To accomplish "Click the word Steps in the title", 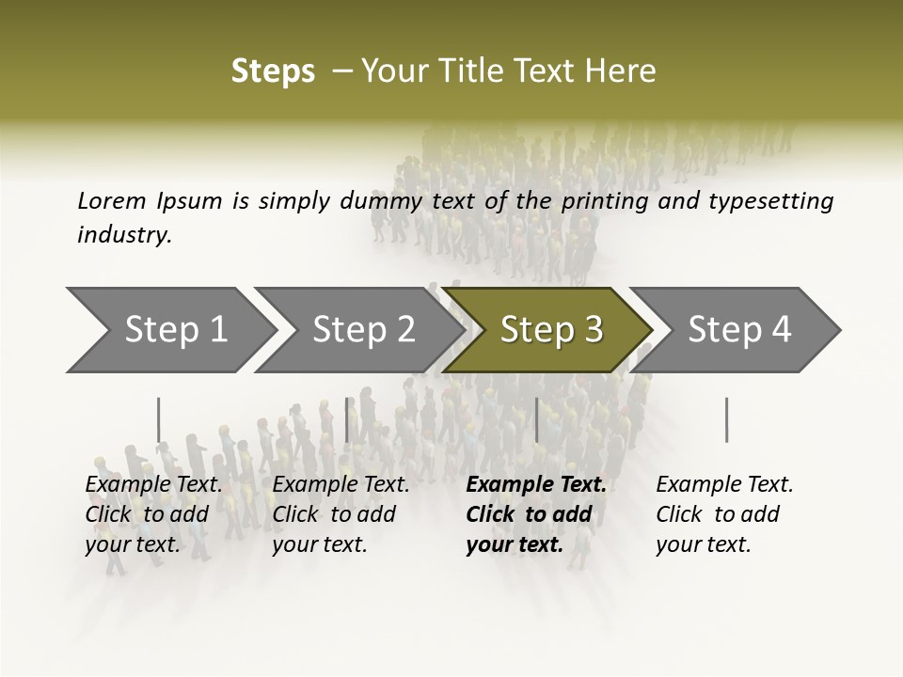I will (273, 71).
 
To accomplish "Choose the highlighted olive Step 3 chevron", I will (550, 330).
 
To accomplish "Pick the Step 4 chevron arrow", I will (738, 330).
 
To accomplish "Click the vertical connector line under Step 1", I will (159, 419).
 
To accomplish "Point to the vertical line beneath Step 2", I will (347, 419).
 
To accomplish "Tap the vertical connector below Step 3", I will (536, 419).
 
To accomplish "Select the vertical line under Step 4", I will (726, 419).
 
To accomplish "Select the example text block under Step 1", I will (154, 514).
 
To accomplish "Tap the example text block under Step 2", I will (341, 514).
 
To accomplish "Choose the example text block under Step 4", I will (724, 514).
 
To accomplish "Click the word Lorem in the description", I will (112, 200).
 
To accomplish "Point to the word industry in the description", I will (124, 235).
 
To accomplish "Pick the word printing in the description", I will (603, 200).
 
